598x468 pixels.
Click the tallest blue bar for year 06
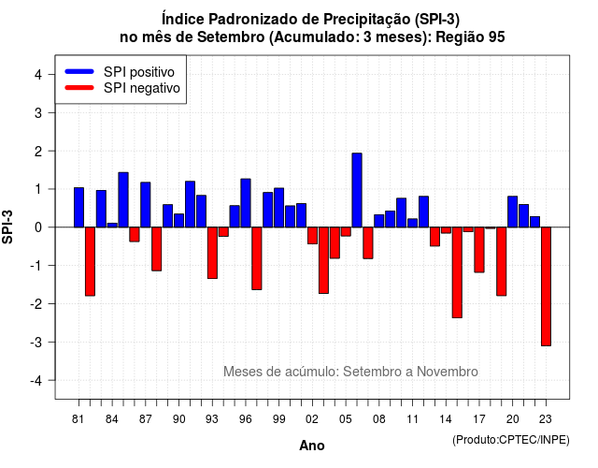coord(357,190)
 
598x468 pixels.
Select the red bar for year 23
coord(546,286)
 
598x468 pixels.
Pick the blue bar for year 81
coord(78,208)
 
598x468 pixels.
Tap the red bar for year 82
coord(90,262)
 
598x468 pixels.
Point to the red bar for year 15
coord(457,272)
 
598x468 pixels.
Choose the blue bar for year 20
coord(512,212)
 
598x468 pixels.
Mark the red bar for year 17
coord(479,250)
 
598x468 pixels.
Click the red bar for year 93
coord(212,253)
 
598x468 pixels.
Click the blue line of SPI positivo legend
coord(79,71)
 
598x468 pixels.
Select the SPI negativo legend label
coord(142,88)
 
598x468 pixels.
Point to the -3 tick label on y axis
coord(36,342)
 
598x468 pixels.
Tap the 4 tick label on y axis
coord(38,75)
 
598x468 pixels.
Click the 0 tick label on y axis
coord(38,227)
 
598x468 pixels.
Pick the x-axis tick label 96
coord(245,419)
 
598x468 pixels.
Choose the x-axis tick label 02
coord(312,419)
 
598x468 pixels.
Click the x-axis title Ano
coord(312,446)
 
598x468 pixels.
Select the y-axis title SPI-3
coord(7,227)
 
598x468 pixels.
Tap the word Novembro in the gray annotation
coord(447,372)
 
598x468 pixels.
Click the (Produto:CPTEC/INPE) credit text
coord(511,440)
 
